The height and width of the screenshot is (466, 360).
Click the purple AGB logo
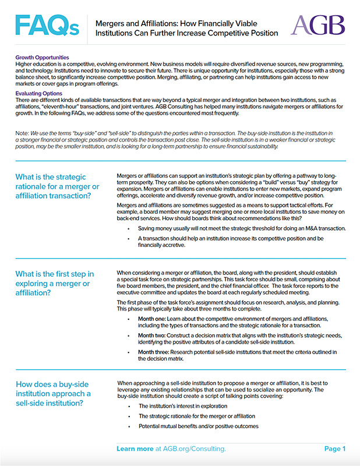tap(317, 26)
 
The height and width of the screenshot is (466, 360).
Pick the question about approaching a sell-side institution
tap(53, 394)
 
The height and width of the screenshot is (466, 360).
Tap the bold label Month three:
tap(154, 353)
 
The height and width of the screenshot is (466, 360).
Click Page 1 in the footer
tap(335, 449)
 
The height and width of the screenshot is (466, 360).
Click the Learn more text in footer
tap(135, 449)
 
